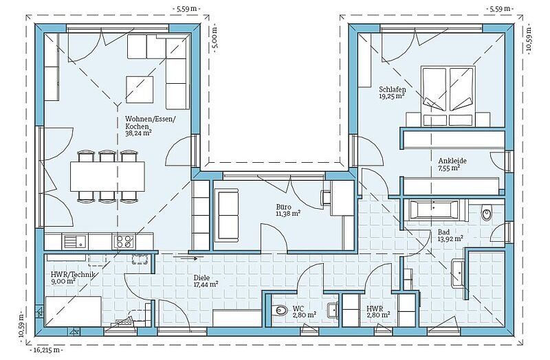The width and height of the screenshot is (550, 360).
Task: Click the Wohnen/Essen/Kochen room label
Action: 150,122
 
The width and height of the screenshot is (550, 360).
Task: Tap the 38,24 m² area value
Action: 138,133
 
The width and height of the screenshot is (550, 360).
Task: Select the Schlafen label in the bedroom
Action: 392,89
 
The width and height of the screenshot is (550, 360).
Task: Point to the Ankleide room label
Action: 452,161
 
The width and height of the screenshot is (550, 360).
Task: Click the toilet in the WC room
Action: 280,310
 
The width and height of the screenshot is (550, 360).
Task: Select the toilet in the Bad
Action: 486,212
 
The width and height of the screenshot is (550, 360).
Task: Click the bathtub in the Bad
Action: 433,210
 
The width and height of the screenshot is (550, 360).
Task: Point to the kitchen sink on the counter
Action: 75,241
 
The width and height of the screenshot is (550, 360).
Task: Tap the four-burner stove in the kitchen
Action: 124,241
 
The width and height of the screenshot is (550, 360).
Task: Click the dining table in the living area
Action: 107,177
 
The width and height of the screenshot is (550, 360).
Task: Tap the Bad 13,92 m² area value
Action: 450,239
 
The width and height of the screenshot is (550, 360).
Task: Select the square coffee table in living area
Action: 140,89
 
